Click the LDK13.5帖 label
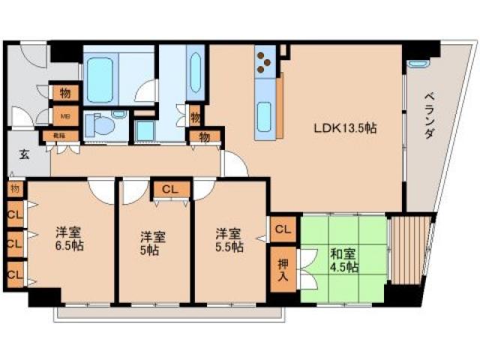pyautogui.click(x=345, y=128)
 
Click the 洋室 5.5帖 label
pyautogui.click(x=228, y=238)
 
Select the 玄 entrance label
pyautogui.click(x=22, y=155)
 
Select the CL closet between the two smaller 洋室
pyautogui.click(x=169, y=189)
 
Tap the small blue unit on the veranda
pyautogui.click(x=417, y=65)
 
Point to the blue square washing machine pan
pyautogui.click(x=145, y=129)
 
